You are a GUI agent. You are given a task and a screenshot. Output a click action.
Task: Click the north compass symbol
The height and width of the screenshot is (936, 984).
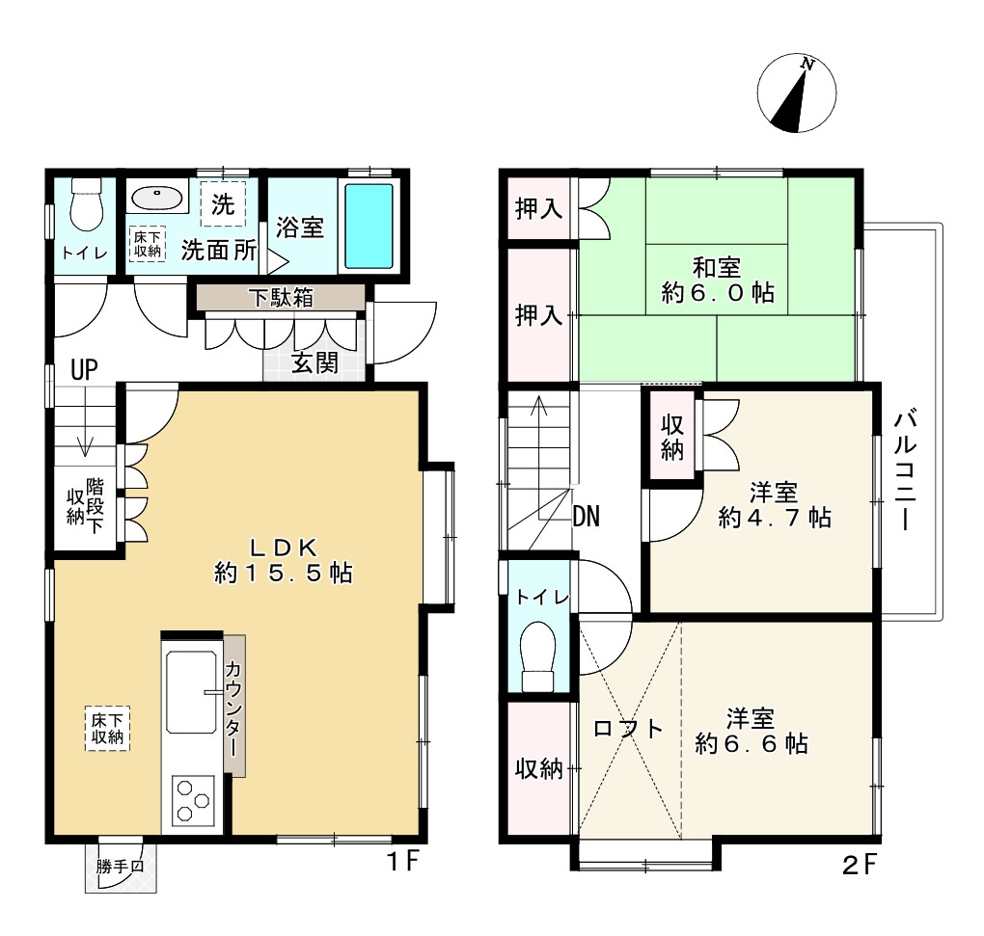tap(796, 93)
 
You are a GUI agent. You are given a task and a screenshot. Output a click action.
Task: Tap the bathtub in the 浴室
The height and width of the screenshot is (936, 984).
tap(369, 226)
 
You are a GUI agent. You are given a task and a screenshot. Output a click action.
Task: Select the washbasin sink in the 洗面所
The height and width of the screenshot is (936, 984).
tap(157, 198)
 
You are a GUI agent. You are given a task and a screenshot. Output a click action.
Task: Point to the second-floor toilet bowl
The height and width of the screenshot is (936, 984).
tap(537, 656)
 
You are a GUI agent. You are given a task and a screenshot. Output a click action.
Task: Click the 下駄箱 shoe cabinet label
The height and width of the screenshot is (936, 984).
tap(280, 297)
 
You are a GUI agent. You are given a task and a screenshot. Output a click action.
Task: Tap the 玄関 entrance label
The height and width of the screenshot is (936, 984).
tap(315, 362)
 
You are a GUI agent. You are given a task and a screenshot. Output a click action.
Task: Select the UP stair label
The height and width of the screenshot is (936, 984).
tap(84, 370)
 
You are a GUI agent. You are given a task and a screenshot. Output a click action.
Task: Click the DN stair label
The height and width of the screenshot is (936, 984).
tap(587, 516)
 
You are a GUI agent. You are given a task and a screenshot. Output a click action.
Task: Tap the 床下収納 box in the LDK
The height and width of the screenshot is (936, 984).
tap(107, 728)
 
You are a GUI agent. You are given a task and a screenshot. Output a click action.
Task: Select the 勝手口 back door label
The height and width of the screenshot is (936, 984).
tap(120, 867)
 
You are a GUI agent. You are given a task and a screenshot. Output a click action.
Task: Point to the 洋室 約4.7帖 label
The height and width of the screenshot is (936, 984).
tap(775, 505)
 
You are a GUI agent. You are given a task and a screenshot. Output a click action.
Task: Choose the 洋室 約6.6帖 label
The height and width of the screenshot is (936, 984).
tap(752, 731)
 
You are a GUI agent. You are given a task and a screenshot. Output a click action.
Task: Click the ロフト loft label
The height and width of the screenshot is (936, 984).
tap(628, 728)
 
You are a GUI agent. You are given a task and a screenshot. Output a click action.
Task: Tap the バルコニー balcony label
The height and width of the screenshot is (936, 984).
tap(906, 469)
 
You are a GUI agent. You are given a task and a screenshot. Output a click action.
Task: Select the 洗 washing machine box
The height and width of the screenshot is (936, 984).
tap(223, 203)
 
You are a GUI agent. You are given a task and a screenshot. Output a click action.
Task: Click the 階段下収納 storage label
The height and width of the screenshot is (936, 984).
tap(85, 506)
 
